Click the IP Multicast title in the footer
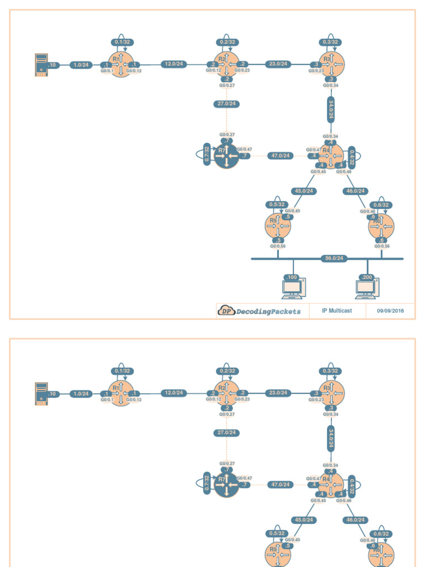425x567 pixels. (x=336, y=311)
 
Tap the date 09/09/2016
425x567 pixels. (x=390, y=311)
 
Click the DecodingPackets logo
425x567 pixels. (x=260, y=311)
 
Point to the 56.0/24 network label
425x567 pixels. (x=334, y=259)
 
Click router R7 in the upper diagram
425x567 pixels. (x=226, y=156)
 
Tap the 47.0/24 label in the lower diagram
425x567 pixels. (x=281, y=484)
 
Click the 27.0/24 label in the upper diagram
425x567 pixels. (x=226, y=104)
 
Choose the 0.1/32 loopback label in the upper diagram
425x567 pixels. (x=122, y=42)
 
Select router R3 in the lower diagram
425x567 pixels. (x=331, y=393)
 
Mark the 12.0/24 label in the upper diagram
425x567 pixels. (x=173, y=64)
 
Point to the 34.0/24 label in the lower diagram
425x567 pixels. (x=331, y=437)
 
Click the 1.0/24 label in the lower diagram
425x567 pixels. (x=81, y=394)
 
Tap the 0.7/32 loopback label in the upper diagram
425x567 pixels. (x=207, y=154)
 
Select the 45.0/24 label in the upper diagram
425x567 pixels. (x=303, y=191)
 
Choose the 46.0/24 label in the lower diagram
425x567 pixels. (x=355, y=520)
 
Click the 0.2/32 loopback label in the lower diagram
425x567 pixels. (x=227, y=371)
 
